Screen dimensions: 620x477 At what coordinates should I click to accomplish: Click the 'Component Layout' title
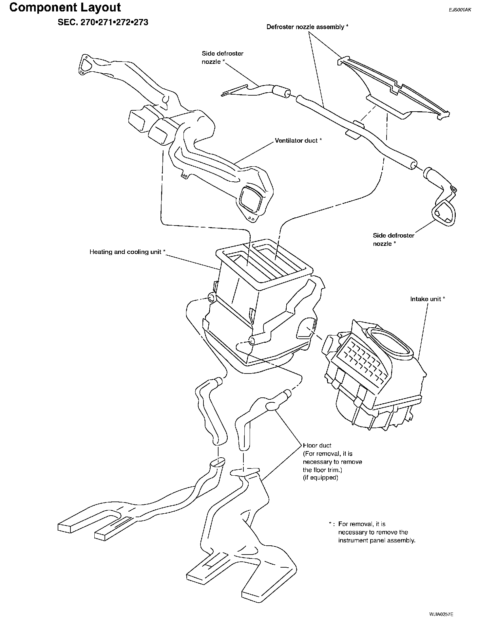coord(65,7)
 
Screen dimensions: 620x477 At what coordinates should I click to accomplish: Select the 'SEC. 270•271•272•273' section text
coord(103,22)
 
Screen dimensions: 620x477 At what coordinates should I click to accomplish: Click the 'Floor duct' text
coord(317,446)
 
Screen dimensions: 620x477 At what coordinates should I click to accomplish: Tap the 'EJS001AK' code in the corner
coord(460,10)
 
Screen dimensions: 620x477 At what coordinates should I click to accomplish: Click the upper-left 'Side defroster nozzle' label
coord(222,57)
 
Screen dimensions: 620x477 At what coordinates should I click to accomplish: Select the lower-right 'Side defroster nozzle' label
coord(393,239)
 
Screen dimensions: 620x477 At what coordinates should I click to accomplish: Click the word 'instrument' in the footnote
coord(352,540)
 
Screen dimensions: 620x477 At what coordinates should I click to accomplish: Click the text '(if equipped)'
coord(320,478)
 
